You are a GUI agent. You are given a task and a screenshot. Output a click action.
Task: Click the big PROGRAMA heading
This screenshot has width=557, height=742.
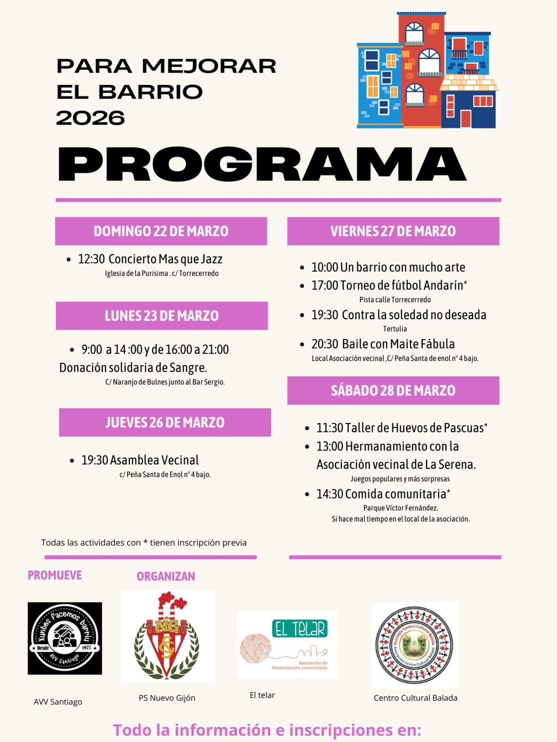tap(262, 164)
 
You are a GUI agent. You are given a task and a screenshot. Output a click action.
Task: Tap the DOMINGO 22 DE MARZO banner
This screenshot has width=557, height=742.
tap(161, 231)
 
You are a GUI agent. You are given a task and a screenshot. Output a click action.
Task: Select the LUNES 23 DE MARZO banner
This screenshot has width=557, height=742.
tap(162, 316)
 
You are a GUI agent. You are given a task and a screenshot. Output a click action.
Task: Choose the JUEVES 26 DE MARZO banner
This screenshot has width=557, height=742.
tap(165, 422)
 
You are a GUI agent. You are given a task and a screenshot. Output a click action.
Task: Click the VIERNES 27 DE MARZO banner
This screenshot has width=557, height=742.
tap(393, 231)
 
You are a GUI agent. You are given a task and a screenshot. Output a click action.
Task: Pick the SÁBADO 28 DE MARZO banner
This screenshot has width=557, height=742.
tap(393, 390)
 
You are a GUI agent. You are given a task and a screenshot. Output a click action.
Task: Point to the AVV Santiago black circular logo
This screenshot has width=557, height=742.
tap(65, 638)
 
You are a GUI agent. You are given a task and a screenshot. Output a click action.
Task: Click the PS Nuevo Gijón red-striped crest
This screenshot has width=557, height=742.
tap(167, 636)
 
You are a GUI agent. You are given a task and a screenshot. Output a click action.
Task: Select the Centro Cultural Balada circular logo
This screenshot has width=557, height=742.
tap(414, 645)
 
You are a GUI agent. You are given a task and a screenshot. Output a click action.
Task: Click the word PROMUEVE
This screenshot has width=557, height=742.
tap(55, 575)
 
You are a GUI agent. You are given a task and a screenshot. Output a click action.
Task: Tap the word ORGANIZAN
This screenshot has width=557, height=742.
tap(166, 576)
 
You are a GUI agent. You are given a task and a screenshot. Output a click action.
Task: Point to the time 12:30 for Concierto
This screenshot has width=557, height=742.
tap(91, 259)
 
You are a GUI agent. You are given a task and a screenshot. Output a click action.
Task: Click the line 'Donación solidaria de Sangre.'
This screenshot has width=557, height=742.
tap(133, 368)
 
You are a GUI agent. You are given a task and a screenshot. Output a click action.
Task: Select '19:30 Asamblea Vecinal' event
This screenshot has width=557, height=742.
tap(140, 460)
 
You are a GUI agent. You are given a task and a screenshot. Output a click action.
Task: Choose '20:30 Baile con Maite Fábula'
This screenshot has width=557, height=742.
tap(383, 344)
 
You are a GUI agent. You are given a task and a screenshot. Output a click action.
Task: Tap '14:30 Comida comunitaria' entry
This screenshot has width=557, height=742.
tap(383, 494)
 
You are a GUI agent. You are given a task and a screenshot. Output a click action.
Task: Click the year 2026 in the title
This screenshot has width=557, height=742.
tap(91, 118)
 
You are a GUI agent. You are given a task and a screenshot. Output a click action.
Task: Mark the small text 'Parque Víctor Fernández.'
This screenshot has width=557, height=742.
tap(400, 508)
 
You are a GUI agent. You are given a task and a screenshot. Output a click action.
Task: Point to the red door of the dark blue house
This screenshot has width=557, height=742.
tap(465, 119)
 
